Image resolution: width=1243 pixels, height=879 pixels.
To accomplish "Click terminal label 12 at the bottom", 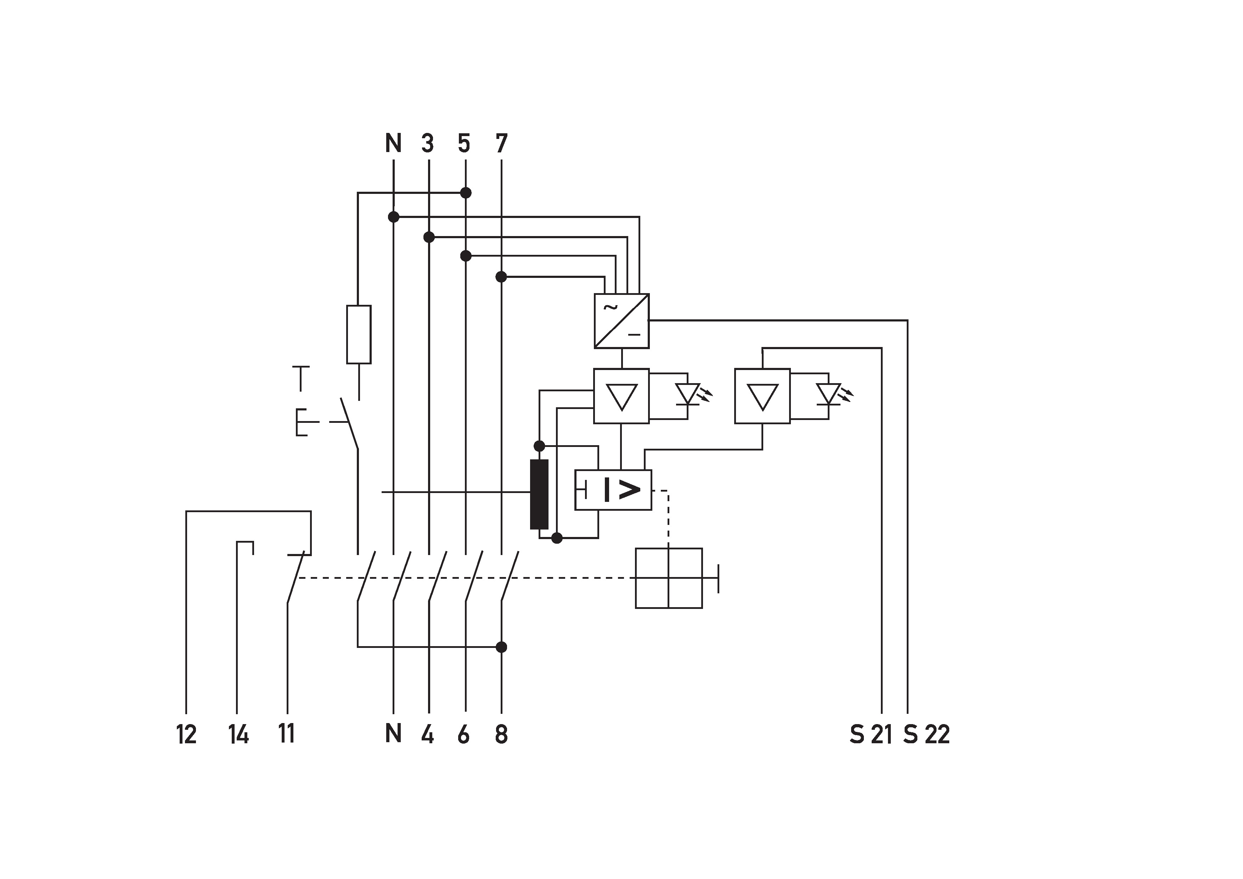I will [x=186, y=735].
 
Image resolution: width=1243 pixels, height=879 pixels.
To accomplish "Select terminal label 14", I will [x=238, y=735].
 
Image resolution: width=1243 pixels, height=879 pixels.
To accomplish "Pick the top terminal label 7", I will [x=501, y=144].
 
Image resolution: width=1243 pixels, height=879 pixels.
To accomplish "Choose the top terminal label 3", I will [x=428, y=144].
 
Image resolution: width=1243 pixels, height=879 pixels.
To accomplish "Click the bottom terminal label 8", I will [x=501, y=735].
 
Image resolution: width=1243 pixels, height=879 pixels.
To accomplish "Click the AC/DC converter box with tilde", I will [x=621, y=321].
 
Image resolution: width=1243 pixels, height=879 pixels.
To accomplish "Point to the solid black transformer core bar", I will [x=539, y=494].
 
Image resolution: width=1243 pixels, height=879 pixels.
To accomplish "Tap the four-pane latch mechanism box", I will [x=669, y=578].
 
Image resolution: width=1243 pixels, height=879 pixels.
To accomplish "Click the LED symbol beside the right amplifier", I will [x=829, y=394].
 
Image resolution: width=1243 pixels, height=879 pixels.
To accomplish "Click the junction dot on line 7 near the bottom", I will [x=501, y=646].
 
